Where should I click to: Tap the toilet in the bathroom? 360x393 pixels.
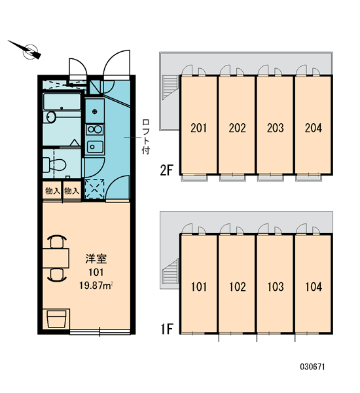point(54,164)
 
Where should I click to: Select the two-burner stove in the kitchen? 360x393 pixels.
point(95,130)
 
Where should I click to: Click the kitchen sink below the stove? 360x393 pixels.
point(95,147)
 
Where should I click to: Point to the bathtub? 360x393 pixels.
point(62,102)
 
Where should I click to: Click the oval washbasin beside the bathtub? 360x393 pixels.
point(52,117)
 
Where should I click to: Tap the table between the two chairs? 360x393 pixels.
point(56,258)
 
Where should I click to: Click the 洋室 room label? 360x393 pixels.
point(96,259)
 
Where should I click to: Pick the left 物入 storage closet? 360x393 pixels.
point(52,191)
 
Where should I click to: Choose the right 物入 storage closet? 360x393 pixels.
point(71,191)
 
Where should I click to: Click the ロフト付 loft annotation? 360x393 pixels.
point(146,137)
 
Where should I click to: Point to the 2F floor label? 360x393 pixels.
point(167,171)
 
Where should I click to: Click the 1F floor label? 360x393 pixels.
point(167,329)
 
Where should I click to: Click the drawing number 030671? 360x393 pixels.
point(312,367)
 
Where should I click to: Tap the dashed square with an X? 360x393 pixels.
point(94,189)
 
